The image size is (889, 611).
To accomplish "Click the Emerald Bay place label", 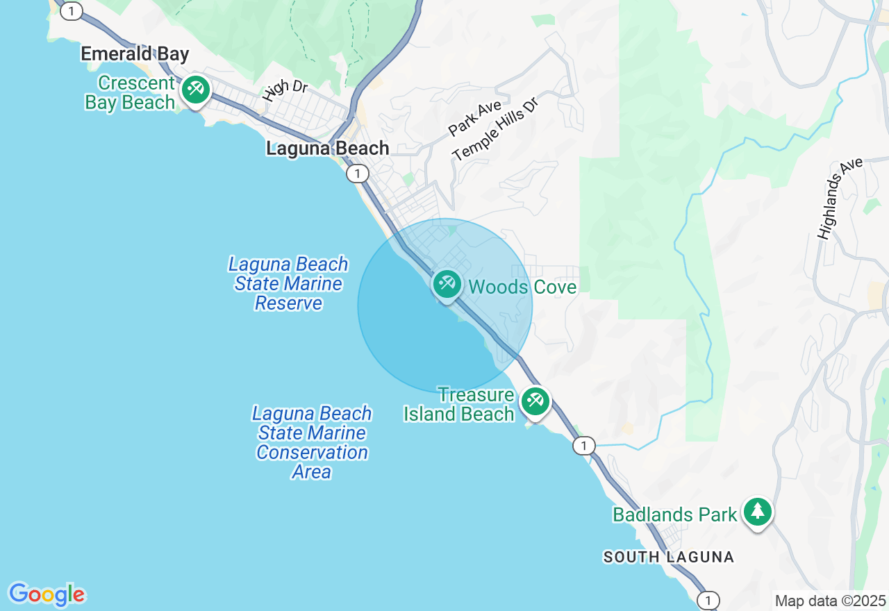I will tap(135, 54).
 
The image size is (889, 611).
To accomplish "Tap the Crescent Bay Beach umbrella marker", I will tap(196, 90).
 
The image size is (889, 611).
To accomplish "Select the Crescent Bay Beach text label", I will tap(130, 93).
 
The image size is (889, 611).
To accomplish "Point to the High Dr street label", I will tap(285, 91).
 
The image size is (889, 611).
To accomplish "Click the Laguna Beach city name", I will tap(328, 148).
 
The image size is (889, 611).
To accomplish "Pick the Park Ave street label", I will tap(474, 118).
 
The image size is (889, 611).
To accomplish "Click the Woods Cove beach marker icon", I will tap(447, 283).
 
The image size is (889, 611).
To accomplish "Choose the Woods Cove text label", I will tap(522, 287).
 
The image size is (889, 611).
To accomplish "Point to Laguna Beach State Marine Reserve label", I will tap(288, 283).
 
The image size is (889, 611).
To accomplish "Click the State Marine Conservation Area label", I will tap(311, 442).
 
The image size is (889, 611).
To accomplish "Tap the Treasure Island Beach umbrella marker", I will tap(535, 401).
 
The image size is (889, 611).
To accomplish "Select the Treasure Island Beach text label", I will tap(459, 405).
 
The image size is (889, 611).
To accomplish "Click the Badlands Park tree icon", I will tap(757, 512).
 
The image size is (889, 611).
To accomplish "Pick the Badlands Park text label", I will tap(674, 514).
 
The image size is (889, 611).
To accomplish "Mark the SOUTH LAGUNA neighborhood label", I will tap(668, 557).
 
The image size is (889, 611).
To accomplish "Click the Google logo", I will tap(47, 594).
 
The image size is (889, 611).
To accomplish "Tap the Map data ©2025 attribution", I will tap(830, 601).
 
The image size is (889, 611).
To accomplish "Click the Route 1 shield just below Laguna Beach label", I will tap(357, 174).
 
